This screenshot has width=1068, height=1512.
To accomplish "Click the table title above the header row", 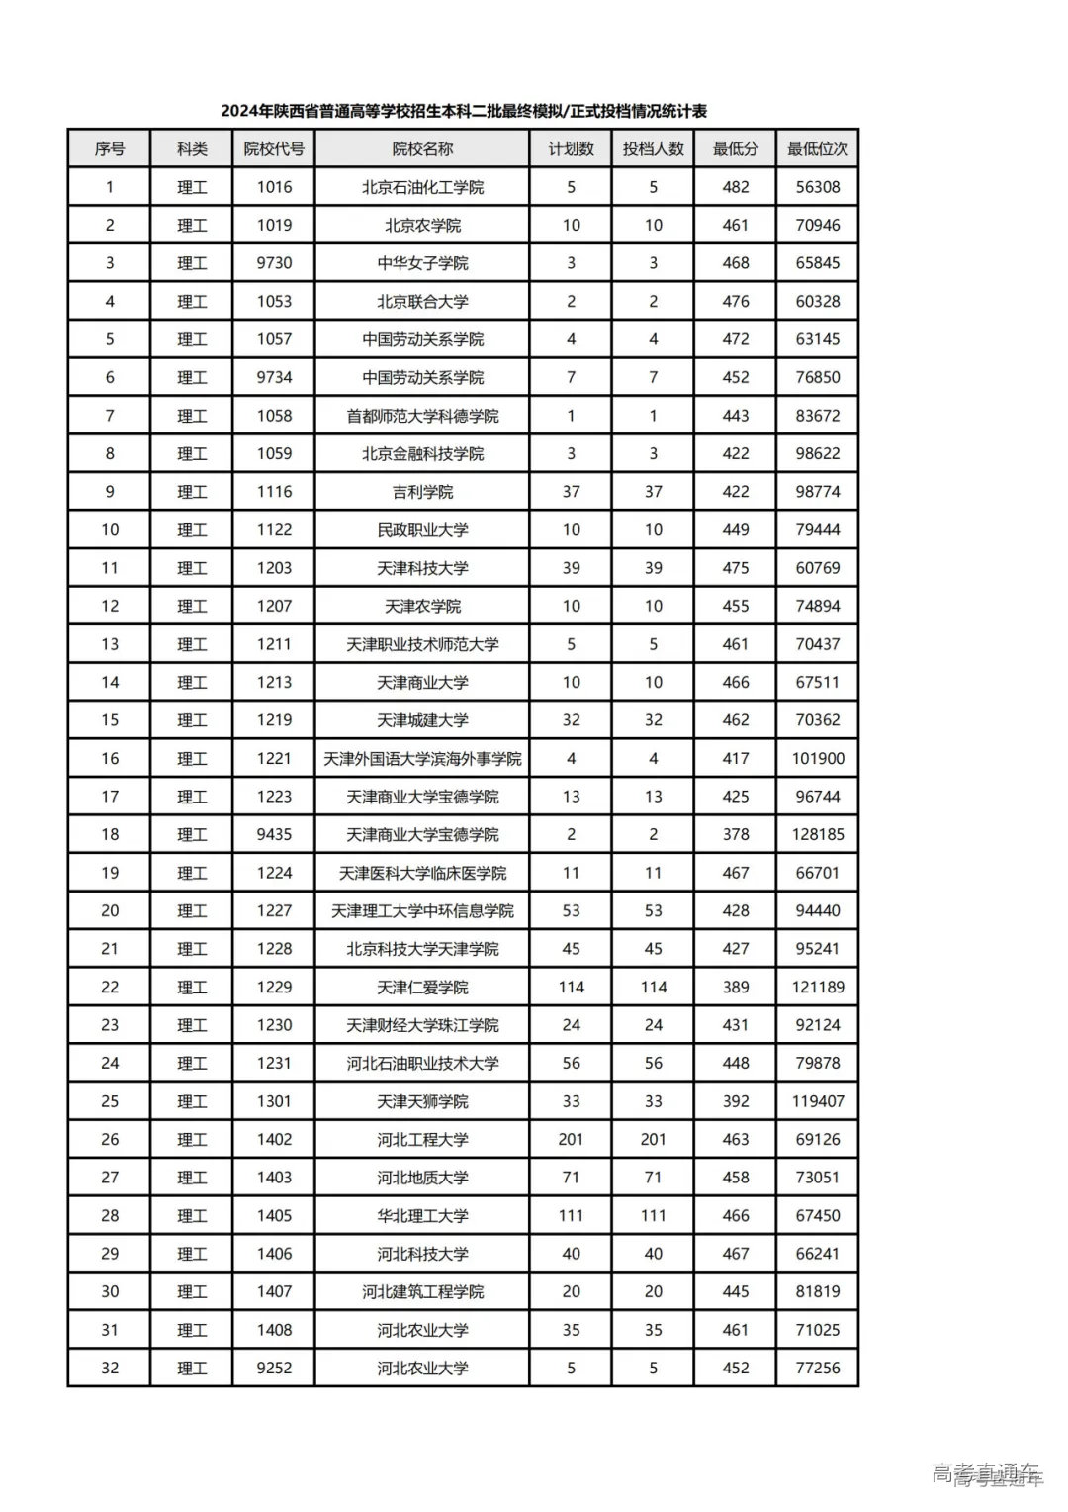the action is click(464, 111).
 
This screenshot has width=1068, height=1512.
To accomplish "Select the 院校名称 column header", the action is click(422, 149).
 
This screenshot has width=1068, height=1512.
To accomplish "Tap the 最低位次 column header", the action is click(817, 149).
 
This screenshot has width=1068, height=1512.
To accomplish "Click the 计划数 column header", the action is click(571, 149).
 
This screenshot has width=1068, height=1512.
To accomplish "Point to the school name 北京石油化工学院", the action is click(422, 187).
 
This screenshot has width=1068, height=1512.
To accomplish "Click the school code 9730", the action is click(274, 263).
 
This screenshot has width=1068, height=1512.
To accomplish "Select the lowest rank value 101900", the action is click(818, 759).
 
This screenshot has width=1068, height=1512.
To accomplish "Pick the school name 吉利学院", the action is click(422, 492).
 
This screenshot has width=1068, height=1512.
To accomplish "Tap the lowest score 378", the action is click(736, 835).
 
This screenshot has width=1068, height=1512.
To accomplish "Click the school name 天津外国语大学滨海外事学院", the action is click(422, 759).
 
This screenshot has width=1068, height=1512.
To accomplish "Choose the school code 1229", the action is click(274, 988).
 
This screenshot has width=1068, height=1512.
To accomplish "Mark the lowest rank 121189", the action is click(818, 988).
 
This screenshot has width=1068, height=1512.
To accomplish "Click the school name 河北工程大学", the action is click(422, 1140).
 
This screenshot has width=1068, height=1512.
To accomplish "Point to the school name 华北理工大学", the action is click(422, 1216).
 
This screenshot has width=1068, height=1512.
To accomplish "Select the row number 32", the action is click(110, 1369).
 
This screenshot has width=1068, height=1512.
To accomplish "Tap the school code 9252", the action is click(274, 1369).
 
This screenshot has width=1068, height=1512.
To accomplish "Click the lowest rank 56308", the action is click(818, 187).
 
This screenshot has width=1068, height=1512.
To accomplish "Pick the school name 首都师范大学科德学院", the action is click(422, 416).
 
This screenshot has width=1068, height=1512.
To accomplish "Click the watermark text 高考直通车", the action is click(987, 1473).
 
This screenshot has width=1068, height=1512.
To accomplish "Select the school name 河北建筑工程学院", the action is click(422, 1292).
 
